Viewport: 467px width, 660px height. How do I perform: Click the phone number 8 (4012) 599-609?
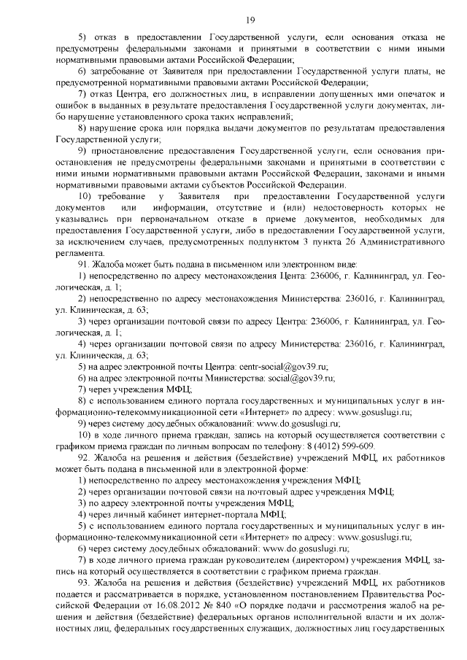[336, 446]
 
